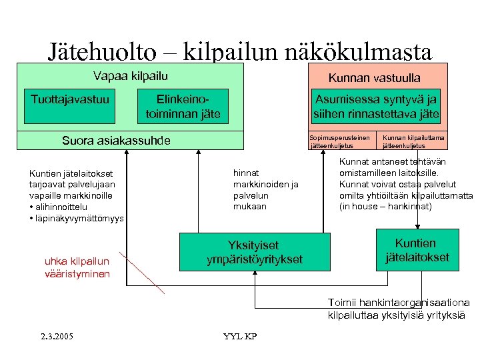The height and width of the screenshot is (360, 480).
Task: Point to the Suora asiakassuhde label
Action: [116, 141]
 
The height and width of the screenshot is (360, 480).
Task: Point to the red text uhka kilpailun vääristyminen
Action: [77, 267]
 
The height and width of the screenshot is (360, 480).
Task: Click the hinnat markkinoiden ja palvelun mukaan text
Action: [265, 189]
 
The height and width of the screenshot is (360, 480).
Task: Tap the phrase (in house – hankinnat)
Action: [386, 207]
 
